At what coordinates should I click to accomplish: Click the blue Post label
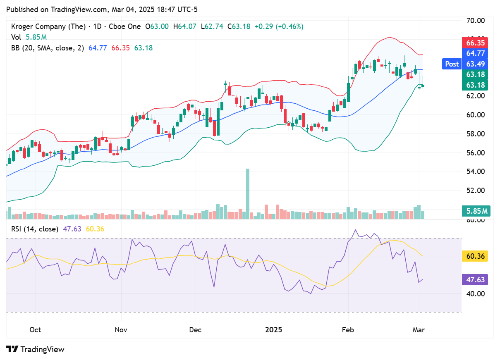[452, 64]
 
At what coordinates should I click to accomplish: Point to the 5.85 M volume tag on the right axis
[475, 211]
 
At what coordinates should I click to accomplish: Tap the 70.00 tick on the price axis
[475, 20]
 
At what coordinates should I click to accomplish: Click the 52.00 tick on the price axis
[475, 191]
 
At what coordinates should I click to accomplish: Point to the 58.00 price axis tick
[475, 134]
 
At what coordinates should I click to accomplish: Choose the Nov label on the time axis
[121, 330]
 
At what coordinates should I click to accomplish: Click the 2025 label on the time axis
[273, 330]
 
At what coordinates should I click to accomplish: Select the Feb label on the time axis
[348, 330]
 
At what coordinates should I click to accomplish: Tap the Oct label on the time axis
[36, 330]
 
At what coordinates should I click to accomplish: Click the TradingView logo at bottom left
[36, 349]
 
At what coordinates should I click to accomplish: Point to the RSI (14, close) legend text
[34, 229]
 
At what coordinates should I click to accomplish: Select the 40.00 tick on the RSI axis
[475, 294]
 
